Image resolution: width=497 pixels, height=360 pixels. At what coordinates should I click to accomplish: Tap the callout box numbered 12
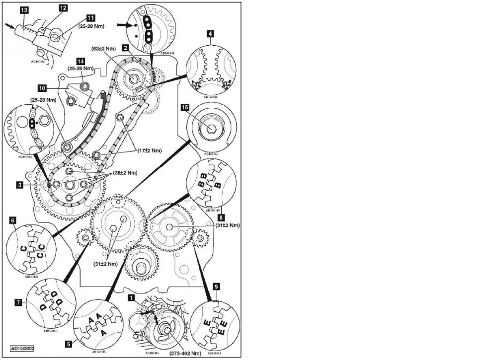click(63, 8)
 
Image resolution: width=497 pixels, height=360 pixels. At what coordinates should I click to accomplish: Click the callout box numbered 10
click(42, 88)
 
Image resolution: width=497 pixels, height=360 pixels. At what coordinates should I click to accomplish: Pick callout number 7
click(18, 301)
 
